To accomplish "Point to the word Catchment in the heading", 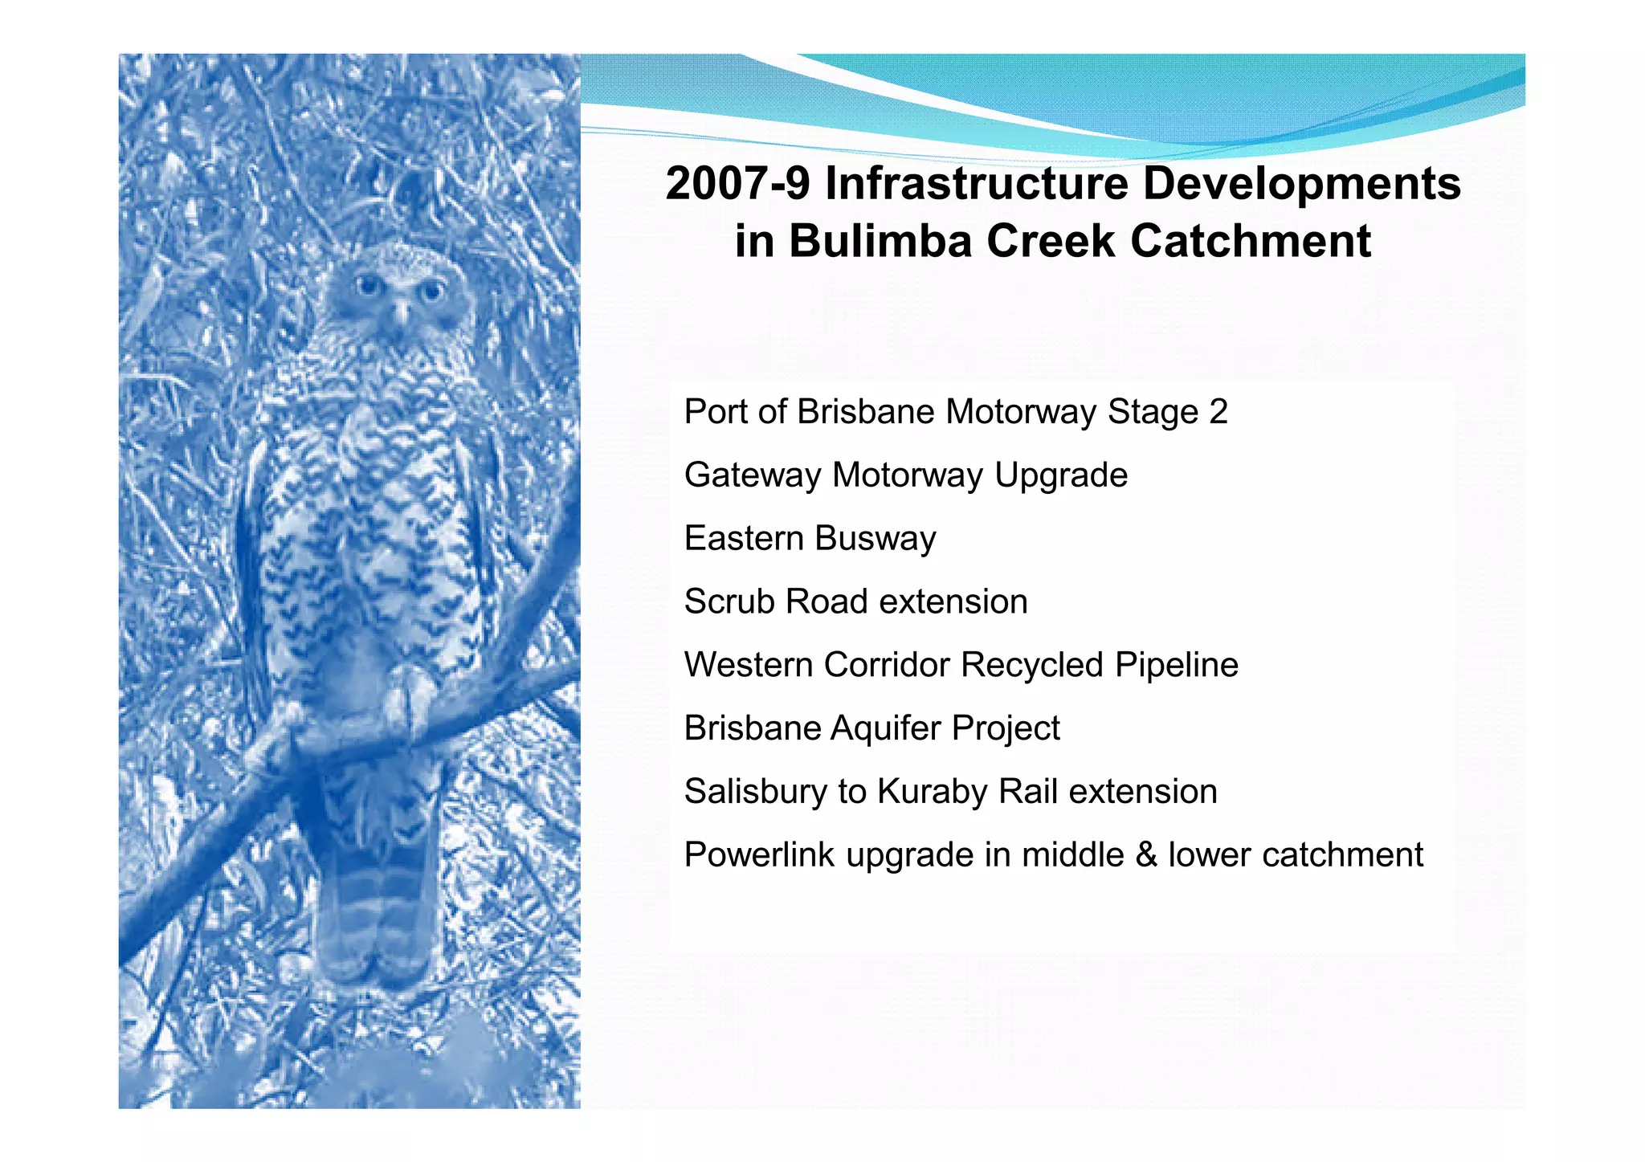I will (x=1250, y=241).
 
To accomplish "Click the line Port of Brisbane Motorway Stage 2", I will (x=955, y=412).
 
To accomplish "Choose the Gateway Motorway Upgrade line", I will (x=905, y=475).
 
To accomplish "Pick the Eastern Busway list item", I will (x=810, y=539).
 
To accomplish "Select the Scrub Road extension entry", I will (x=855, y=601).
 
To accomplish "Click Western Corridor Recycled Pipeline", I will (x=961, y=665).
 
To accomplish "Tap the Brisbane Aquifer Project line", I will (x=871, y=728).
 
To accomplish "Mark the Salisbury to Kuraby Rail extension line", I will (x=950, y=792).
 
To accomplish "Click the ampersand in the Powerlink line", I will (x=1146, y=854).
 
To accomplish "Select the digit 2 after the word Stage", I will (x=1218, y=412).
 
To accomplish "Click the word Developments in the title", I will (x=1301, y=184).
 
